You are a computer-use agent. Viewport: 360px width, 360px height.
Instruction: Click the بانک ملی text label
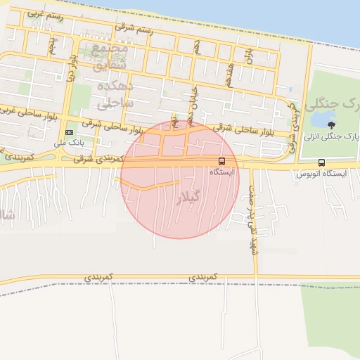click(x=69, y=143)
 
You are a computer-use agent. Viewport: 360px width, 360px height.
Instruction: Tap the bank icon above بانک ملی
click(x=69, y=132)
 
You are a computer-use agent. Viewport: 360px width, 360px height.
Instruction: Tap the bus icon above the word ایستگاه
click(x=222, y=161)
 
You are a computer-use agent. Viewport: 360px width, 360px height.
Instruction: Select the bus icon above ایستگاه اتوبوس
click(x=321, y=162)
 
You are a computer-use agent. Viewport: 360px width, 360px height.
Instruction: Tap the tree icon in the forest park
click(x=331, y=125)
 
